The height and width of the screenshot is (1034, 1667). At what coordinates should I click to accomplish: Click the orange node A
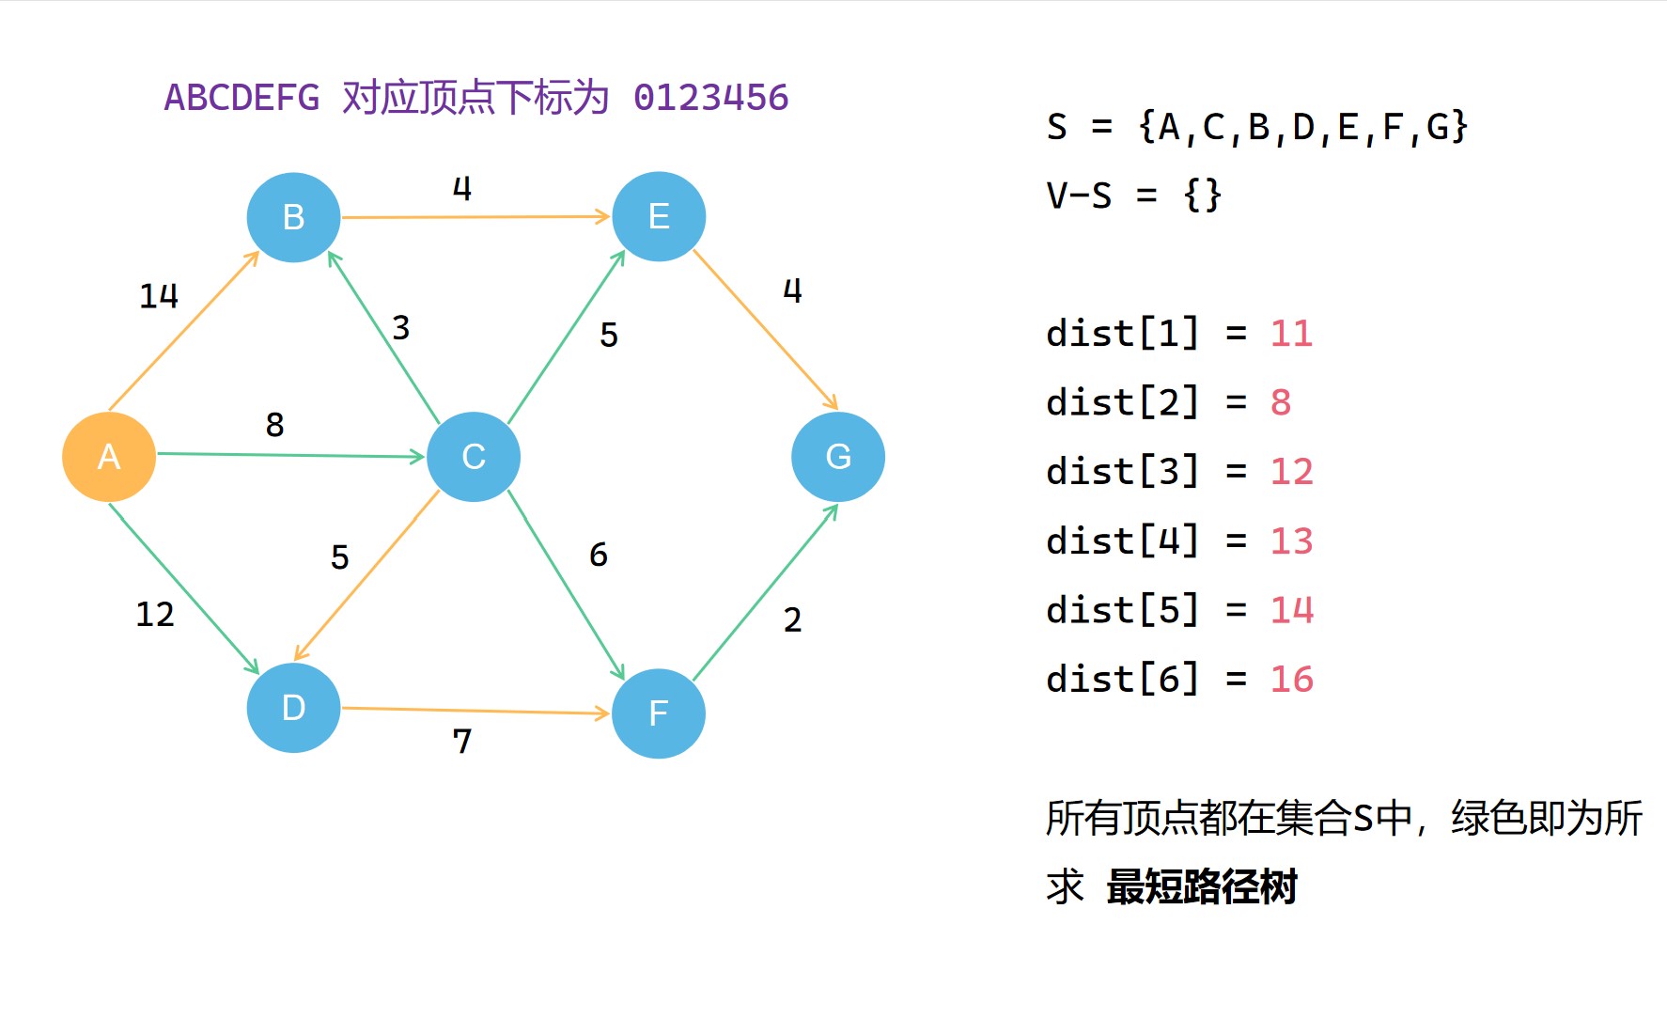[109, 457]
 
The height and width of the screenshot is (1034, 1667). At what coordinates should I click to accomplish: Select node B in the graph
[293, 217]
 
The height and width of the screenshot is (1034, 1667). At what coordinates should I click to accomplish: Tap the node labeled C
[474, 457]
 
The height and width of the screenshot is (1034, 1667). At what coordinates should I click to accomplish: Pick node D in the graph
[293, 708]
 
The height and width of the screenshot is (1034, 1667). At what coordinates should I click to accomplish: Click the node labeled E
[659, 216]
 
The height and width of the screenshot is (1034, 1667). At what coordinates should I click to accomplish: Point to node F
[659, 713]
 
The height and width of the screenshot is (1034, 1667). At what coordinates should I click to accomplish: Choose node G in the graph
[838, 457]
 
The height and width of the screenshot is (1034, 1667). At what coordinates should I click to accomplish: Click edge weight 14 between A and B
[159, 296]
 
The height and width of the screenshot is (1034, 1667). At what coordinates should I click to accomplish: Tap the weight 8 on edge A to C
[274, 425]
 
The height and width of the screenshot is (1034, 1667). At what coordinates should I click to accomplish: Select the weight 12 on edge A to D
[155, 615]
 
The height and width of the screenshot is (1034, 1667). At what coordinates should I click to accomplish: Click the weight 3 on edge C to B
[401, 328]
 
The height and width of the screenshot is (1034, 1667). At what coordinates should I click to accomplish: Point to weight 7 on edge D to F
[462, 742]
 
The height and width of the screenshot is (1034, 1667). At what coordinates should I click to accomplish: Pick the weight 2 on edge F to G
[793, 620]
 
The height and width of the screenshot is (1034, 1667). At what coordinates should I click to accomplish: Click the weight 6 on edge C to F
[599, 555]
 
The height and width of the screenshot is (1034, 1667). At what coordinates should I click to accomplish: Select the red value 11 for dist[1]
[1291, 334]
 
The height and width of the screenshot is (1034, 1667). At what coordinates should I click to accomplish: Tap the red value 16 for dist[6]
[1291, 679]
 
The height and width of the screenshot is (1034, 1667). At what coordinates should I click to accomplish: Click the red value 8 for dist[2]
[1281, 402]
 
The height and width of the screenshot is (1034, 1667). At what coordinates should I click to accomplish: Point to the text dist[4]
[1123, 540]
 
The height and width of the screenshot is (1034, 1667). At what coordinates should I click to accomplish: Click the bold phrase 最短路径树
[1202, 886]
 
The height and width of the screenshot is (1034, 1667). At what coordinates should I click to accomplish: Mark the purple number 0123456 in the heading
[711, 98]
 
